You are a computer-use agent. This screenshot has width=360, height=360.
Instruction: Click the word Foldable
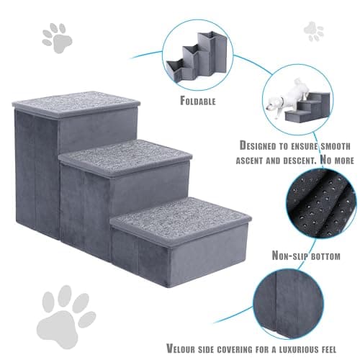click(198, 101)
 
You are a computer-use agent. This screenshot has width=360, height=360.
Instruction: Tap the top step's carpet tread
click(76, 104)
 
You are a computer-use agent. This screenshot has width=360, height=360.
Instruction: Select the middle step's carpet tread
click(125, 157)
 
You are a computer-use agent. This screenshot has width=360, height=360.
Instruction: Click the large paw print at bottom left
click(66, 317)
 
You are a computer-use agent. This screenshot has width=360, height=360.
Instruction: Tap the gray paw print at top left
click(57, 38)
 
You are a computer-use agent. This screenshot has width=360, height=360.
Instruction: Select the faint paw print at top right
click(314, 31)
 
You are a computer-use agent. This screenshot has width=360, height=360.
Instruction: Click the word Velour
click(181, 348)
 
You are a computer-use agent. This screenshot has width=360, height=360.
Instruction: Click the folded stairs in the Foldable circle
click(197, 57)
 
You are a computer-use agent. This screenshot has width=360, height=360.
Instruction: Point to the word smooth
click(336, 146)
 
